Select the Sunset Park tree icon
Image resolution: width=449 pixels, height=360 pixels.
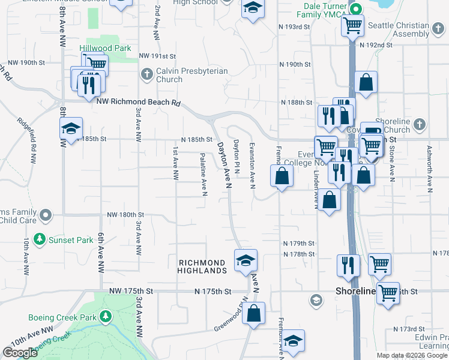pos(40,239)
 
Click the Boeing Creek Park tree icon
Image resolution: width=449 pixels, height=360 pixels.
pos(106,316)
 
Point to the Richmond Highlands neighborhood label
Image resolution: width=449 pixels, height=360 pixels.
pos(202,266)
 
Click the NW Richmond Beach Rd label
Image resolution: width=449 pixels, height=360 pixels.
pos(138,103)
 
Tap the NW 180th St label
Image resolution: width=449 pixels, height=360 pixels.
pos(125,214)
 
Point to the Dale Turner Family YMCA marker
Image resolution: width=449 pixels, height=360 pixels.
pos(355,10)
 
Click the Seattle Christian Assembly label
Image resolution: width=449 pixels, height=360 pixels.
pos(398,30)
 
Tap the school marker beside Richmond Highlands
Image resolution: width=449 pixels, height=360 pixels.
pos(246,261)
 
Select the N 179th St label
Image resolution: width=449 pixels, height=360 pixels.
pos(299,243)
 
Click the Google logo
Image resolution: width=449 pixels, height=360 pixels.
pos(20,353)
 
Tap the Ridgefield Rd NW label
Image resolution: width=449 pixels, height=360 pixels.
pos(31,137)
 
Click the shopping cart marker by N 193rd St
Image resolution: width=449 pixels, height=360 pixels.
pos(352,25)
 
